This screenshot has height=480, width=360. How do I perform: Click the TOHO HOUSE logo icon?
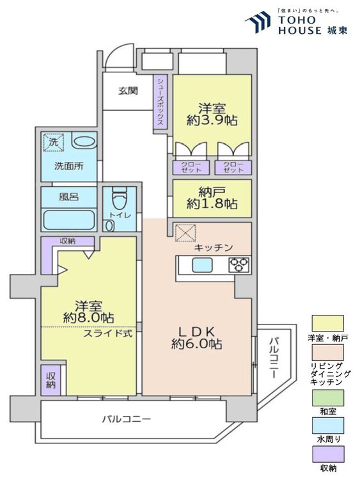(258, 22)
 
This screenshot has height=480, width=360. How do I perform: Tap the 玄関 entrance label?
(127, 91)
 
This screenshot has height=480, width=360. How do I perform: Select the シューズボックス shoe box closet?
(160, 103)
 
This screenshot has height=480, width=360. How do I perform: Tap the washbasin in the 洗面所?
(81, 142)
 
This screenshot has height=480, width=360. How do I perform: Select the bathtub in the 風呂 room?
(68, 221)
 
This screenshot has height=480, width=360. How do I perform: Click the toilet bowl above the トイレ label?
(120, 197)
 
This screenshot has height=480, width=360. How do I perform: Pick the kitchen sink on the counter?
(203, 265)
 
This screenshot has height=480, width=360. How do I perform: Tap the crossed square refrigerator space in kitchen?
(186, 232)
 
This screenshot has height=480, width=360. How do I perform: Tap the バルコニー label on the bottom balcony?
(127, 419)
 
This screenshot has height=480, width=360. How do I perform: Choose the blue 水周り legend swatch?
(327, 426)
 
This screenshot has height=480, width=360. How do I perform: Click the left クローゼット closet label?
(186, 168)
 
